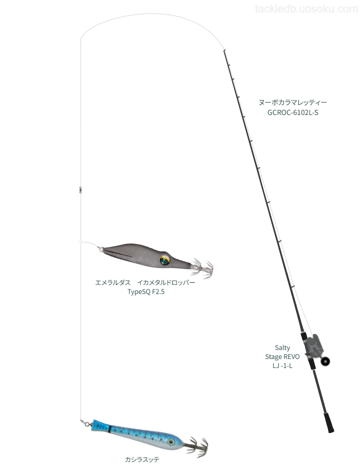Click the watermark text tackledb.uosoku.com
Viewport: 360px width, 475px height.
click(306, 9)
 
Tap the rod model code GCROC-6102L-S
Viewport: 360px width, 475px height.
click(292, 112)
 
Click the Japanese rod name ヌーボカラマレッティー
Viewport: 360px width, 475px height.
click(292, 102)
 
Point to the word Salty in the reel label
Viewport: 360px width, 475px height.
click(282, 347)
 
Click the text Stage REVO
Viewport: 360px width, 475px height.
click(282, 356)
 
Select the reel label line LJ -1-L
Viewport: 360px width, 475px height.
click(282, 365)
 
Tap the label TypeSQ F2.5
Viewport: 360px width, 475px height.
click(146, 291)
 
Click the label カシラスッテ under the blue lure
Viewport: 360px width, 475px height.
click(142, 459)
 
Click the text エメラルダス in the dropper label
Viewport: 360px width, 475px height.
click(112, 282)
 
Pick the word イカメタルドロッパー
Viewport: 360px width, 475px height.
click(166, 282)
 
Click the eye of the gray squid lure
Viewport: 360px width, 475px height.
click(164, 260)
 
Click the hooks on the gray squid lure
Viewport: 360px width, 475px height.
click(202, 267)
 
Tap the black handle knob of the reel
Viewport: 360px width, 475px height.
click(325, 361)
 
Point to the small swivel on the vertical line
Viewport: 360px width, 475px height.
click(80, 190)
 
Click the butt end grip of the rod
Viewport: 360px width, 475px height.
click(329, 422)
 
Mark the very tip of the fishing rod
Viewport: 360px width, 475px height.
click(224, 50)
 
